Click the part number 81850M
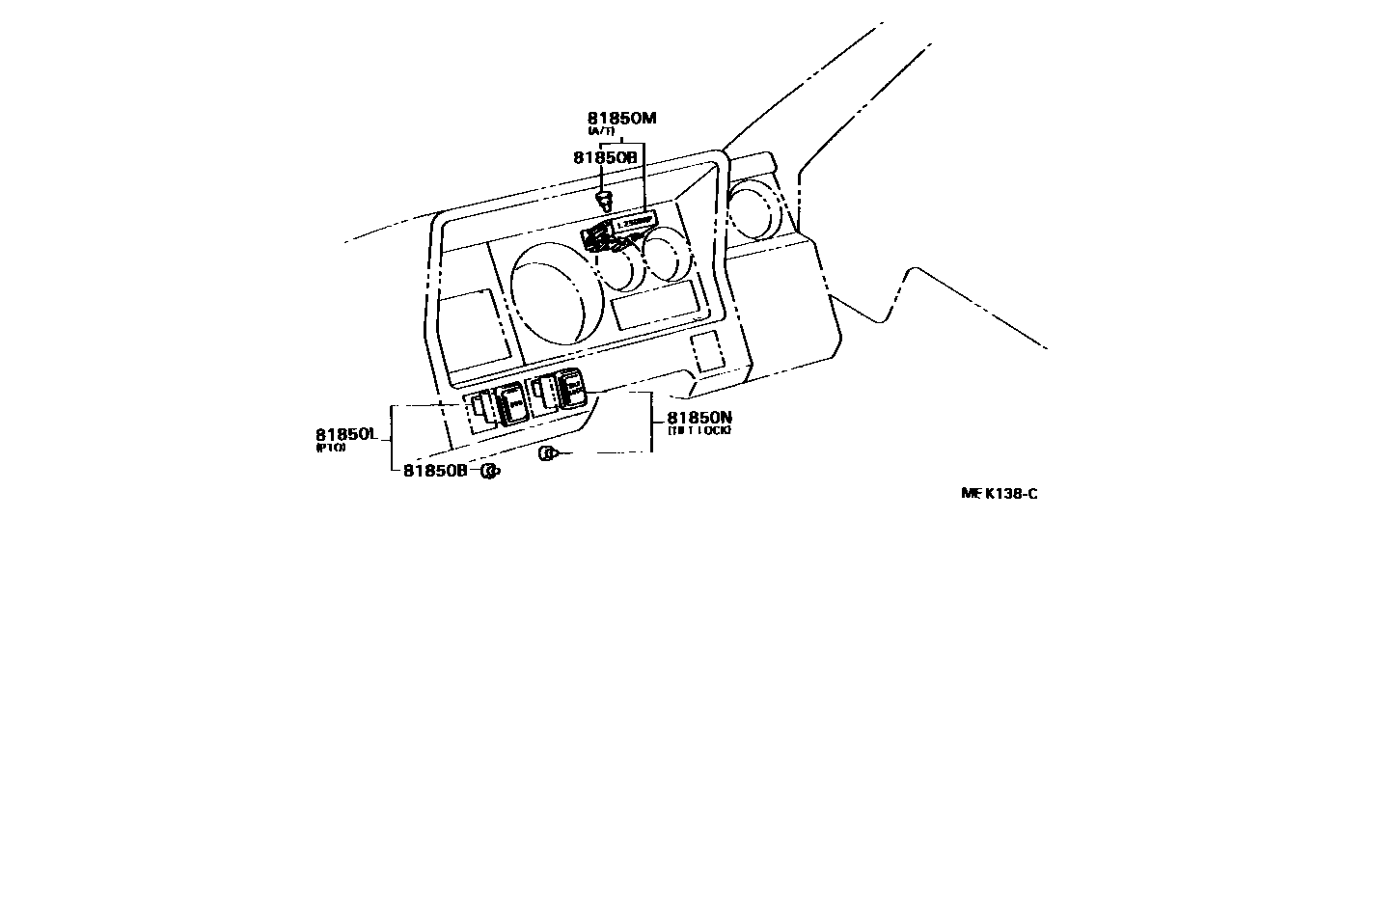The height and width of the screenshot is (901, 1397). (621, 119)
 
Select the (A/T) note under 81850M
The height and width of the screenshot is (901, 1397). (601, 131)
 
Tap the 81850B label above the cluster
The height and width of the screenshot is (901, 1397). (605, 157)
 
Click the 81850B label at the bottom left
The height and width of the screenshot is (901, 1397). (434, 470)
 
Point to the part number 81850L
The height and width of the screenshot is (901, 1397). (344, 434)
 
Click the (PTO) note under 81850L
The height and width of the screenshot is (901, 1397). (331, 448)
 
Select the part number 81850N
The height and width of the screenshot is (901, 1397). (699, 417)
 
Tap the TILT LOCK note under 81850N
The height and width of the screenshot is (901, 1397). (699, 430)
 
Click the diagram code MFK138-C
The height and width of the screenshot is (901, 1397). (1000, 494)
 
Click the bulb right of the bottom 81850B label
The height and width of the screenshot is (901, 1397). (490, 471)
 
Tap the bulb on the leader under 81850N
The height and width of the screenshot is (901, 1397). (548, 453)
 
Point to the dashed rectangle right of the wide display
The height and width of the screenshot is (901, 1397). (707, 351)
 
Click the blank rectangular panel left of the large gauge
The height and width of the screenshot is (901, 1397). (472, 325)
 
